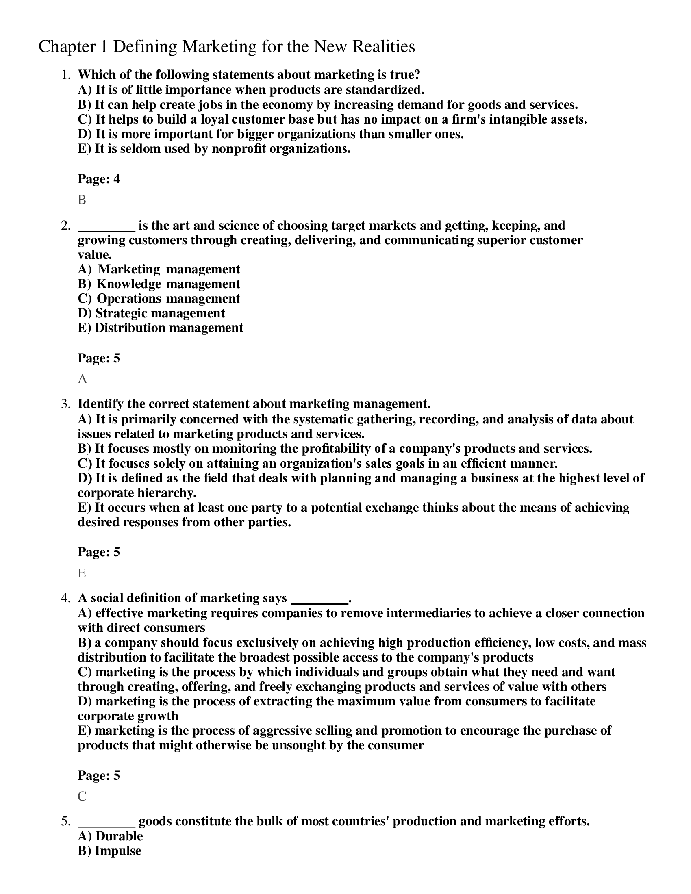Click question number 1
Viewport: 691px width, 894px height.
click(x=65, y=75)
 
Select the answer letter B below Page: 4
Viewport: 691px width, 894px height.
click(x=82, y=200)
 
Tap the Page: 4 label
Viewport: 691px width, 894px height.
click(x=99, y=179)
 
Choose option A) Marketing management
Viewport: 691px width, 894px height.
click(x=159, y=269)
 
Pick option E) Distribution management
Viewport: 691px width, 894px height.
click(x=161, y=328)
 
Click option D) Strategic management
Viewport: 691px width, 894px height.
click(x=151, y=313)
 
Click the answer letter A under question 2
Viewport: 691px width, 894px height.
click(x=82, y=379)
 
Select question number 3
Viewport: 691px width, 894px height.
click(x=65, y=404)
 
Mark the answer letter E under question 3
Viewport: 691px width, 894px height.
click(x=82, y=573)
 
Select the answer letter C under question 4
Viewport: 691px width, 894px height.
click(x=82, y=796)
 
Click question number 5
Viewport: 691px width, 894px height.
click(x=65, y=822)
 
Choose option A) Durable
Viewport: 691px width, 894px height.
click(x=110, y=836)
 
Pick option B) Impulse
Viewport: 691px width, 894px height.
click(x=109, y=851)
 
